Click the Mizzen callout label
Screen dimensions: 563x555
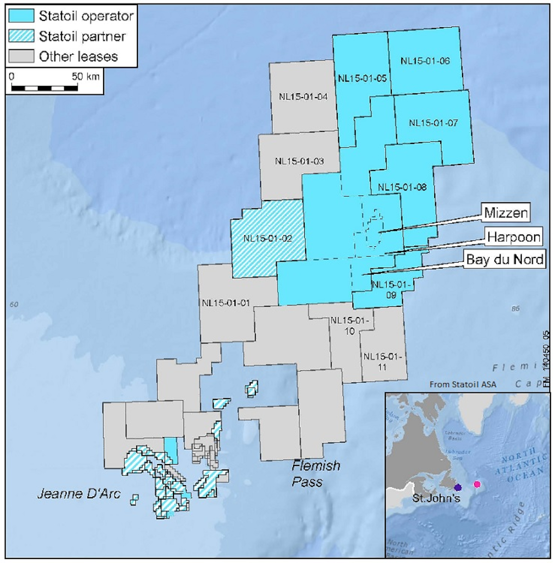tap(506, 213)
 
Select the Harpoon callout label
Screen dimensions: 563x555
tap(513, 238)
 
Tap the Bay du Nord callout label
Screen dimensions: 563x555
tap(505, 259)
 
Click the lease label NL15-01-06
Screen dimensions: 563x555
tap(425, 61)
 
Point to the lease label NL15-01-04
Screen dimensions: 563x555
tap(303, 97)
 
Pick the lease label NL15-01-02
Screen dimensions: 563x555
tap(268, 239)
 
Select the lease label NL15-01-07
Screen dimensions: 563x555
tap(433, 123)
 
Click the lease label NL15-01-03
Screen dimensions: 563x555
tap(299, 161)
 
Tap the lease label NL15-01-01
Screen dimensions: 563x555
tap(226, 303)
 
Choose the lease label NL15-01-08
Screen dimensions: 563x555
tap(402, 187)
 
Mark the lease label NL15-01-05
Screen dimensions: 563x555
tap(362, 78)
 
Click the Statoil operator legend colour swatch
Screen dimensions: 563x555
tap(21, 16)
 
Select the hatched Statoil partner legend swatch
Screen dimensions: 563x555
tap(21, 36)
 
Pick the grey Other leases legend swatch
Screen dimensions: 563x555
tap(21, 56)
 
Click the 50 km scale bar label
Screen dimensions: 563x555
tap(86, 76)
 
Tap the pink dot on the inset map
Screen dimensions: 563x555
tap(477, 484)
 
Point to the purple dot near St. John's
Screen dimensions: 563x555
tap(458, 487)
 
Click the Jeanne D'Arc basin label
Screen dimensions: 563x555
tap(79, 494)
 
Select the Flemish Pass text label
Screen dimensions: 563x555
tap(315, 473)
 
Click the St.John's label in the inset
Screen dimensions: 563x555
tap(436, 498)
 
